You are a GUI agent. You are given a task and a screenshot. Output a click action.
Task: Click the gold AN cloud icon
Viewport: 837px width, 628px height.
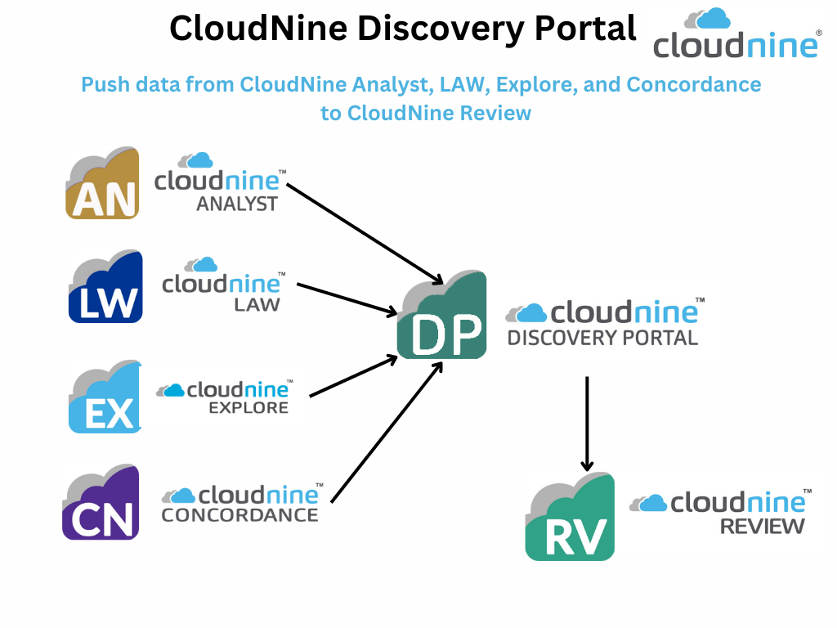pos(103,184)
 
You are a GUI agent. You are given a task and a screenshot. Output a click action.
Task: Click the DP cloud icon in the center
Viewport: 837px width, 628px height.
pos(442,316)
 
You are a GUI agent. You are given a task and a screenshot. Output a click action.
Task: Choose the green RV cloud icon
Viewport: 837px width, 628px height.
pos(570,518)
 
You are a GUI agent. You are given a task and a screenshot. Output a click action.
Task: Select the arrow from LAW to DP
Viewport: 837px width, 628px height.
pos(347,298)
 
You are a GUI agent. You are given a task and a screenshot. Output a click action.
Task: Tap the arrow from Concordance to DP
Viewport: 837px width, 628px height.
pos(387,432)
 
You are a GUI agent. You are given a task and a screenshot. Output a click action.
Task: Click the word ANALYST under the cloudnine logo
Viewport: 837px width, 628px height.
pos(237,204)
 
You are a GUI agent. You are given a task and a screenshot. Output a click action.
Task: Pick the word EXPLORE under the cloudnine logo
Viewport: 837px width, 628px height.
pos(248,406)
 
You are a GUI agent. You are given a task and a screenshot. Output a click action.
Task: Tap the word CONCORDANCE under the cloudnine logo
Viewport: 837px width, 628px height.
pos(239,515)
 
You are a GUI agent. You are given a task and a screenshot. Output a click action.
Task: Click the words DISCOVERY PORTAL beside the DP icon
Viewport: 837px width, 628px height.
pos(602,337)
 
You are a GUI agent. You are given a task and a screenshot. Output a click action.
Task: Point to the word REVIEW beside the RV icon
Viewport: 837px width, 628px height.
pos(762,526)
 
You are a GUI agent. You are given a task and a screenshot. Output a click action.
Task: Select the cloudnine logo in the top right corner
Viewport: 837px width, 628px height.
pos(736,34)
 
